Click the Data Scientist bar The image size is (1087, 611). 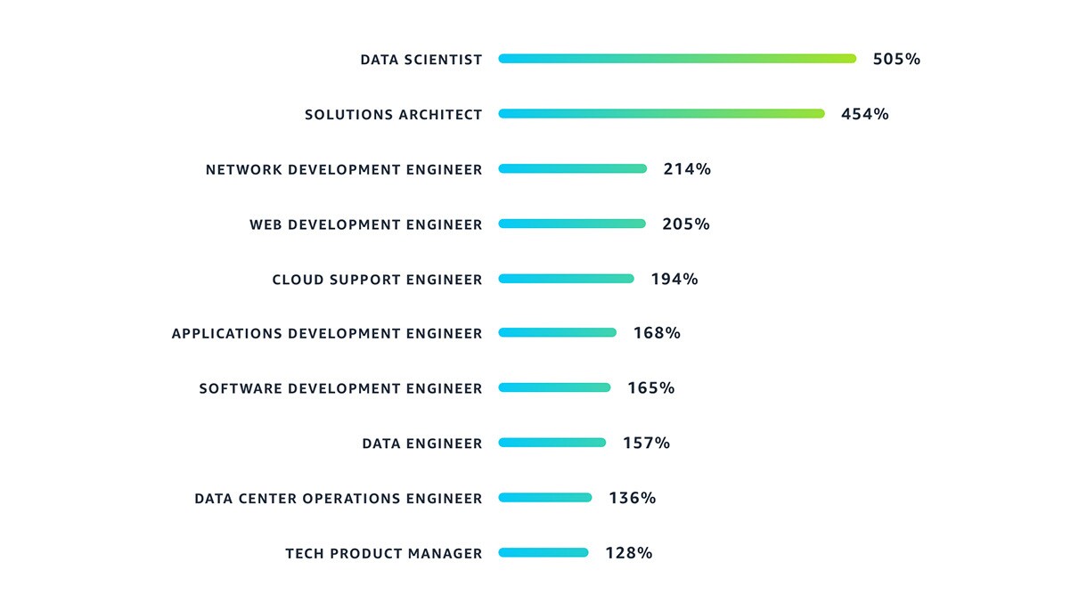point(677,59)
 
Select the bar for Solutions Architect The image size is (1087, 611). point(661,114)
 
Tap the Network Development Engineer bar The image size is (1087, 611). point(572,169)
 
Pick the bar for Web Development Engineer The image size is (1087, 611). point(571,224)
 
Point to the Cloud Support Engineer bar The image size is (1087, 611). point(566,279)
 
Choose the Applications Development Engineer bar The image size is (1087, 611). point(557,333)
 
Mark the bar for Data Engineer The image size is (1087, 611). point(552,443)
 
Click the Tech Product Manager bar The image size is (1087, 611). point(543,553)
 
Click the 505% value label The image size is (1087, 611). point(896,60)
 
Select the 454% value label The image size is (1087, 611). point(865,114)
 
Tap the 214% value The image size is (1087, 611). point(687,169)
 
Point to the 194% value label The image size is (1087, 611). point(674,279)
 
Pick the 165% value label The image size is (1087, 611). point(651,388)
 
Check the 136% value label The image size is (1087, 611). point(633,498)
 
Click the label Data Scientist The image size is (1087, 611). point(421,60)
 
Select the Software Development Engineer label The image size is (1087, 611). point(340,388)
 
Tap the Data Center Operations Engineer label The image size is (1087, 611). point(338,499)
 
